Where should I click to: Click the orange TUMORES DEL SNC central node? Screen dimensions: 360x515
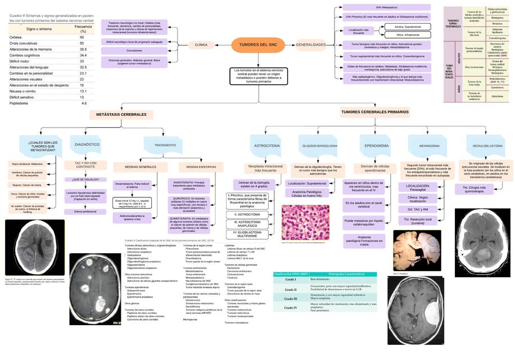[258, 44]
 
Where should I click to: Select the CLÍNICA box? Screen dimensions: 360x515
[201, 44]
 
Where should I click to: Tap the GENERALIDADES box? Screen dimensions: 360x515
[311, 44]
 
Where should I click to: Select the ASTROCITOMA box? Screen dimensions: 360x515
[265, 146]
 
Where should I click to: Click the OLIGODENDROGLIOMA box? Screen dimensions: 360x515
[320, 146]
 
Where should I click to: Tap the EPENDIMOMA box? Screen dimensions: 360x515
[376, 146]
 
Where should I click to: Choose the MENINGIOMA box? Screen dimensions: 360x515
[429, 146]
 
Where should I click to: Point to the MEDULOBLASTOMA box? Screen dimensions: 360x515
[487, 146]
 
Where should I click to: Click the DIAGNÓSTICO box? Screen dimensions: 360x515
[87, 145]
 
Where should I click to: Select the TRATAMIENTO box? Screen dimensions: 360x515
[165, 145]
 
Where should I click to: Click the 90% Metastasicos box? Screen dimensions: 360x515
[382, 7]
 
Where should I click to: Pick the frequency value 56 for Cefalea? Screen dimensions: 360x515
[82, 37]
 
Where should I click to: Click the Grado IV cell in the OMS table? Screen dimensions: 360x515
[291, 308]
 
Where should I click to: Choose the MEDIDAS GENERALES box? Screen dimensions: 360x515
[135, 167]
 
